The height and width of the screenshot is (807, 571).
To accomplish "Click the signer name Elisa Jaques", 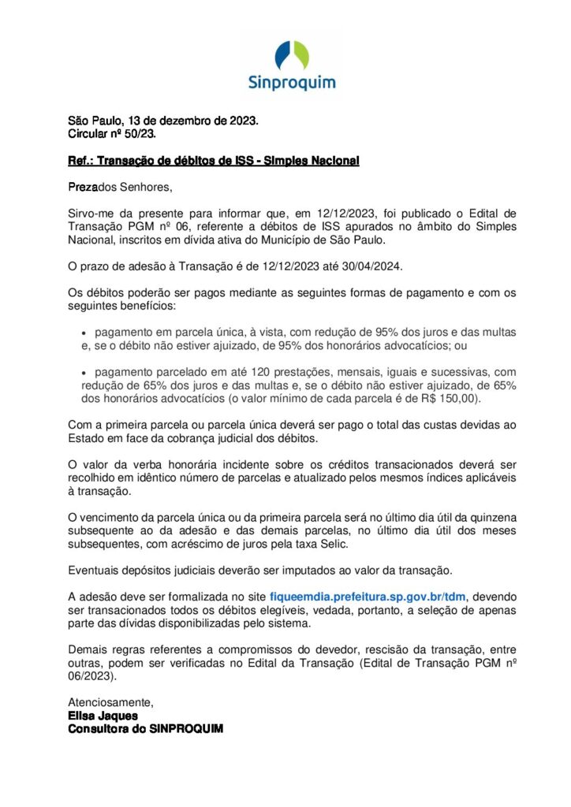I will (x=103, y=716).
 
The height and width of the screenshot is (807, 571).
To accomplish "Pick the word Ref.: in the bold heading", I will (x=80, y=161).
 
